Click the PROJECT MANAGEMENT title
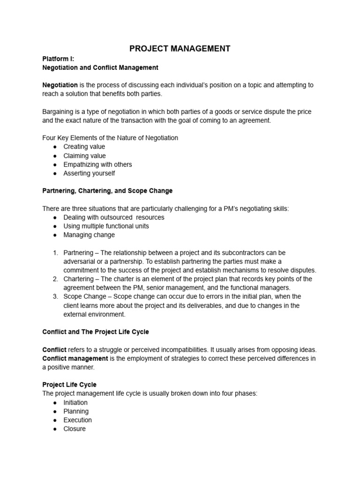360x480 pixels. (180, 48)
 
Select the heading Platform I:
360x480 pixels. (58, 59)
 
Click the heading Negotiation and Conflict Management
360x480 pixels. (100, 67)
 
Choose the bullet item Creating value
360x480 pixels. (84, 147)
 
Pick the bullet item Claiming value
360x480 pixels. (85, 156)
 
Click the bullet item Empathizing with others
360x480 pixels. (98, 165)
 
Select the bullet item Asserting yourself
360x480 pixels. (89, 173)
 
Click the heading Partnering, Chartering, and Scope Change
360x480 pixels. (107, 191)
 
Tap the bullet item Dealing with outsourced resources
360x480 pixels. (114, 217)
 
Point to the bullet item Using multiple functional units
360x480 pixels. (106, 226)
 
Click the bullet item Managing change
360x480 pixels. (89, 235)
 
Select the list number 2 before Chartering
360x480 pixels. (55, 279)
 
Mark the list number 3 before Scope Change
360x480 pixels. (55, 297)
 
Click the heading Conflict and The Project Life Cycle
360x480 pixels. (96, 332)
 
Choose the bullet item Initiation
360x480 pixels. (75, 403)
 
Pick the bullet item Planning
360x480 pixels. (76, 411)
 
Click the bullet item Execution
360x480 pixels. (78, 420)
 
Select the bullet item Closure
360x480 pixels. (75, 428)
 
